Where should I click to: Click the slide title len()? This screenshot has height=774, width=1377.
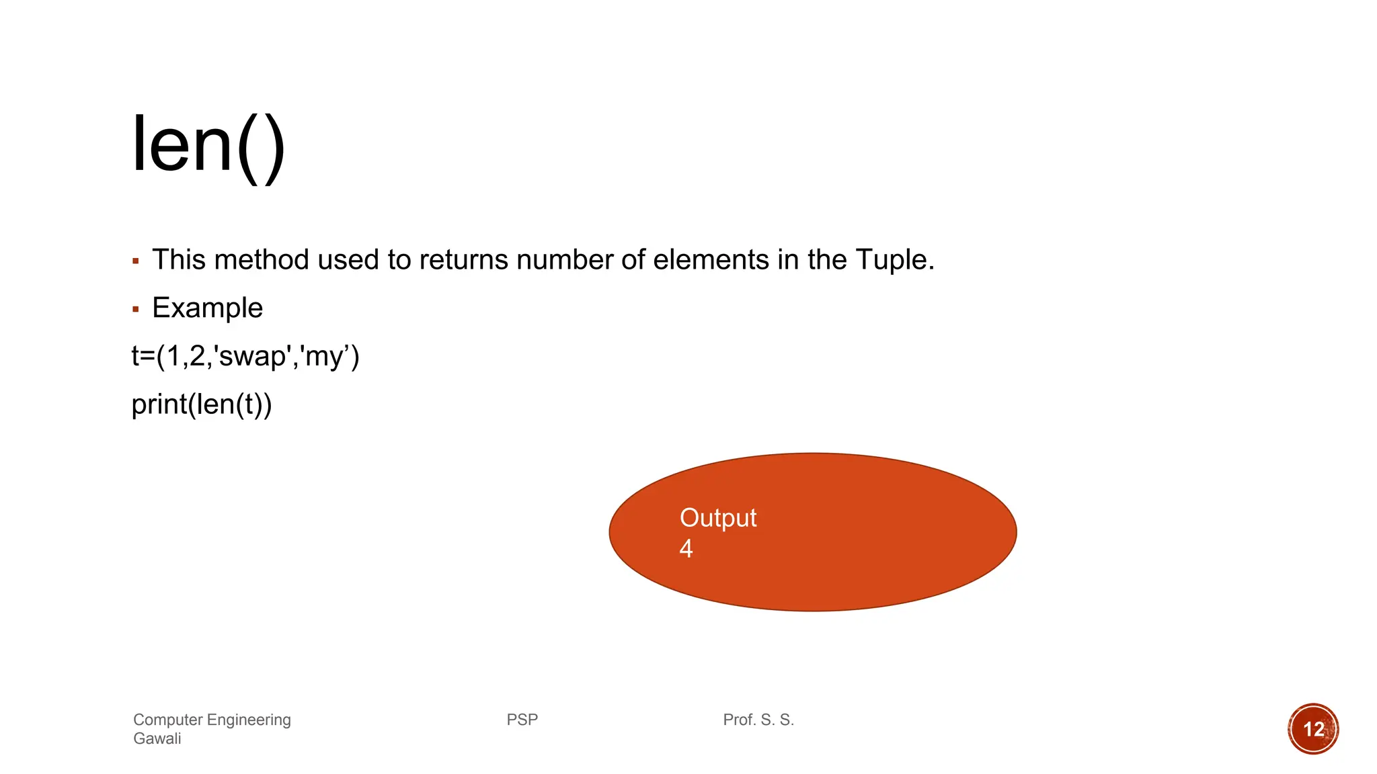pyautogui.click(x=208, y=146)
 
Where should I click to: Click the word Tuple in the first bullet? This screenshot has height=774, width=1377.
pyautogui.click(x=894, y=260)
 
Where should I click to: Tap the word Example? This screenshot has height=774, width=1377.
pyautogui.click(x=207, y=308)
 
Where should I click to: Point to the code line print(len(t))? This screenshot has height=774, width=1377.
pyautogui.click(x=202, y=404)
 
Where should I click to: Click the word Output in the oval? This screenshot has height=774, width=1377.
pyautogui.click(x=717, y=518)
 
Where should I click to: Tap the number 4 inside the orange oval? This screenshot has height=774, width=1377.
pyautogui.click(x=686, y=549)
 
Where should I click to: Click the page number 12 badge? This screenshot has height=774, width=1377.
pyautogui.click(x=1313, y=729)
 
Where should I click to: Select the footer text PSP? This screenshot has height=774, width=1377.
pyautogui.click(x=522, y=720)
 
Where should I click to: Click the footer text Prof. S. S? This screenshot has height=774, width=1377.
pyautogui.click(x=758, y=720)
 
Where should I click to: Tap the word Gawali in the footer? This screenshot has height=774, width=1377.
pyautogui.click(x=157, y=738)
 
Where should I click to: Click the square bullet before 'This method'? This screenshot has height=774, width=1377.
pyautogui.click(x=136, y=261)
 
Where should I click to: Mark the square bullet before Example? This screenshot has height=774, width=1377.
pyautogui.click(x=136, y=310)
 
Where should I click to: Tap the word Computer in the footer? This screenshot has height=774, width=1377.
pyautogui.click(x=167, y=720)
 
